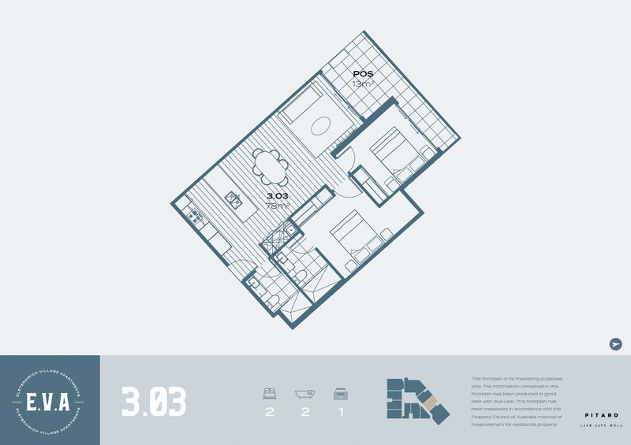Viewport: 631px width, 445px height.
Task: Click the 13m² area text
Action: point(363,83)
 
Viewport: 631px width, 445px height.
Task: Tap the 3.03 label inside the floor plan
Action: point(278,195)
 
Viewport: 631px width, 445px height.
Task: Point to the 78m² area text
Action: point(278,206)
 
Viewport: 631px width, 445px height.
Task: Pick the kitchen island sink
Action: point(234,198)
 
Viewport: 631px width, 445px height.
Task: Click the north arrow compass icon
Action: point(616,344)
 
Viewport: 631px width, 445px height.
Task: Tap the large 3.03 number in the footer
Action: point(155,401)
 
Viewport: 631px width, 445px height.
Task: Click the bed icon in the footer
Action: point(270,393)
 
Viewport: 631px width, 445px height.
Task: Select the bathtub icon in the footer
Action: point(305,393)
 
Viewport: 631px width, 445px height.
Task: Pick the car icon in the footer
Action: point(342,393)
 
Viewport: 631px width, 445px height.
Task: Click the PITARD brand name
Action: point(601,415)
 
